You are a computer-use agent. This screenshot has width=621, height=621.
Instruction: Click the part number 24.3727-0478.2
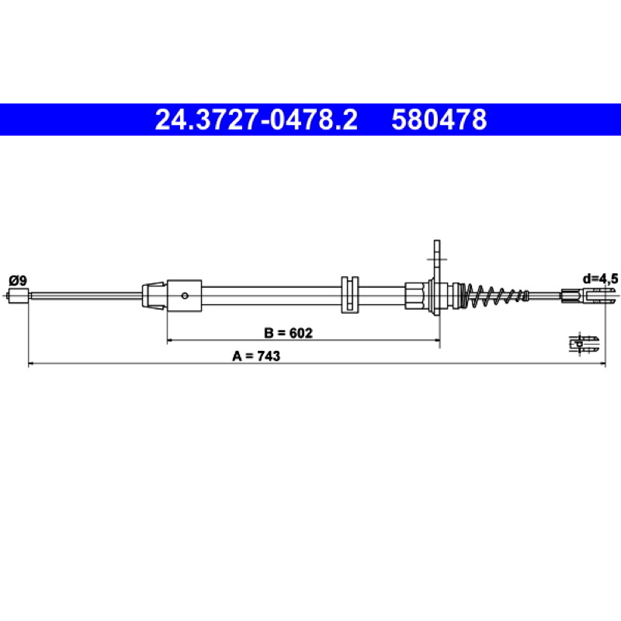click(x=256, y=120)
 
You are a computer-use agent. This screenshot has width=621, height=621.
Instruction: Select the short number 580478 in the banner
click(x=439, y=120)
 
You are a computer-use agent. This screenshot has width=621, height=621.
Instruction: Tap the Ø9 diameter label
click(x=17, y=281)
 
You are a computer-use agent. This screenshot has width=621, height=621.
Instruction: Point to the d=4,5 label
click(x=599, y=279)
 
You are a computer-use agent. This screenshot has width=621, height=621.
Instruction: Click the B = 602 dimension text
click(x=288, y=333)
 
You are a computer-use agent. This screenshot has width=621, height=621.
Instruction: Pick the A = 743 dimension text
click(x=256, y=356)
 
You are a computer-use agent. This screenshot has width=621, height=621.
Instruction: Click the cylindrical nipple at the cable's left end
click(x=18, y=296)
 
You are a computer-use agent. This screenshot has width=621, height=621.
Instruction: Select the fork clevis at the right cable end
click(x=589, y=295)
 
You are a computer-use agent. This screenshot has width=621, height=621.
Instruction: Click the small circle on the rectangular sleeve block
click(x=184, y=296)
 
